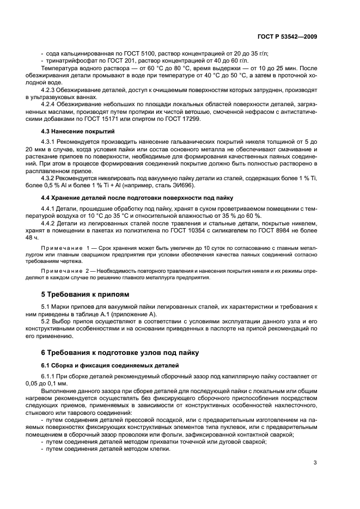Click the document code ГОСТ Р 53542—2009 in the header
tap(288, 36)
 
